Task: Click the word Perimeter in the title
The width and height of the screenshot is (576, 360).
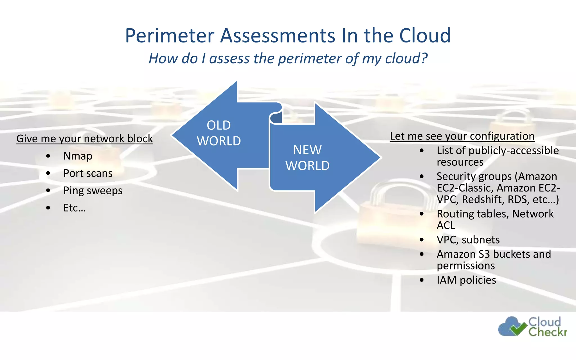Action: pos(170,36)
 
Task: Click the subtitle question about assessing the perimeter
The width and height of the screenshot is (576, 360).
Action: pos(288,58)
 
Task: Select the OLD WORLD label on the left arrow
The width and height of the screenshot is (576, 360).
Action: pos(219,133)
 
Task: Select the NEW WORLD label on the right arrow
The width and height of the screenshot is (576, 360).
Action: pos(307,158)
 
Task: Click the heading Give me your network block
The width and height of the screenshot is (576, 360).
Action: pos(84,139)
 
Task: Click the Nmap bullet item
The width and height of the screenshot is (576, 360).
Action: pos(78,156)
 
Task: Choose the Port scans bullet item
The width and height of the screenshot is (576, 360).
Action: pos(88,173)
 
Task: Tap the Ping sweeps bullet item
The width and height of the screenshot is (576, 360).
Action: pos(93,191)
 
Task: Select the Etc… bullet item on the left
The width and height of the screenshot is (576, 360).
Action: pos(75,208)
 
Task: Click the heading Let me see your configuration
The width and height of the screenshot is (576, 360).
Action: pos(462,136)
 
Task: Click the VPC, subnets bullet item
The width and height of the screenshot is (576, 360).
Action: pos(468,240)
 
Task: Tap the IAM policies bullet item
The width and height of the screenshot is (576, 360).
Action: pos(466,280)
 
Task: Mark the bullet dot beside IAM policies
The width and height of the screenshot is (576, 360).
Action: pos(421,280)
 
